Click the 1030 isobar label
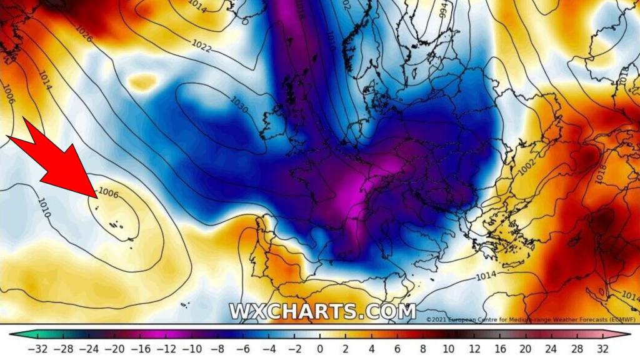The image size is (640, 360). coord(239,105)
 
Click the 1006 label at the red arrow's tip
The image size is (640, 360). coord(109,193)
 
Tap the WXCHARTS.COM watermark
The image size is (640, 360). coord(322,311)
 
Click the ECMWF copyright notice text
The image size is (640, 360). coord(531,319)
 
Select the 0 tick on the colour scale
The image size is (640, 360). coord(319,348)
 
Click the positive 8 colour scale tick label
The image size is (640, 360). coord(422,348)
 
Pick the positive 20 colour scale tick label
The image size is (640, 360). coord(526,348)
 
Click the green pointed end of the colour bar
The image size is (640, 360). coord(14,334)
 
